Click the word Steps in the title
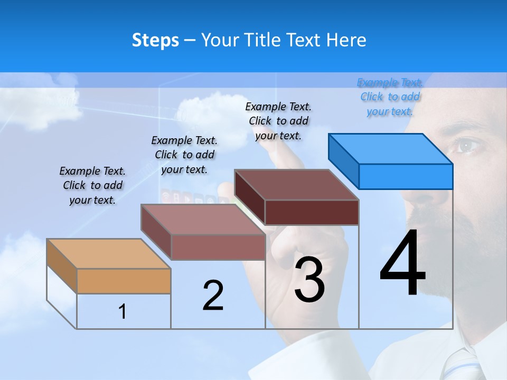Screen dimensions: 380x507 pyautogui.click(x=155, y=40)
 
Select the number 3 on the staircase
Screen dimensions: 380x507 pyautogui.click(x=309, y=280)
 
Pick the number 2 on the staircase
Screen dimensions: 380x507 pyautogui.click(x=213, y=296)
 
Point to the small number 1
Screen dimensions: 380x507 pyautogui.click(x=123, y=311)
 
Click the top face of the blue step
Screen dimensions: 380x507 pyautogui.click(x=391, y=149)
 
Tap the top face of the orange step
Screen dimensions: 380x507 pyautogui.click(x=109, y=254)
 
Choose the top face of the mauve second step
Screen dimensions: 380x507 pyautogui.click(x=203, y=219)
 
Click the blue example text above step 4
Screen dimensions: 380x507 pyautogui.click(x=390, y=97)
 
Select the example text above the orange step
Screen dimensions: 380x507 pyautogui.click(x=92, y=185)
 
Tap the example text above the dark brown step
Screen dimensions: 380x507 pyautogui.click(x=278, y=121)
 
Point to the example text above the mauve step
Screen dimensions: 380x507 pyautogui.click(x=184, y=155)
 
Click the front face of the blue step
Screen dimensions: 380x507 pyautogui.click(x=406, y=176)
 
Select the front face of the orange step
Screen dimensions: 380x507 pyautogui.click(x=124, y=281)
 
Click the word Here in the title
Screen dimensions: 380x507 pyautogui.click(x=347, y=40)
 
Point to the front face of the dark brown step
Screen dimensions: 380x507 pyautogui.click(x=312, y=213)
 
